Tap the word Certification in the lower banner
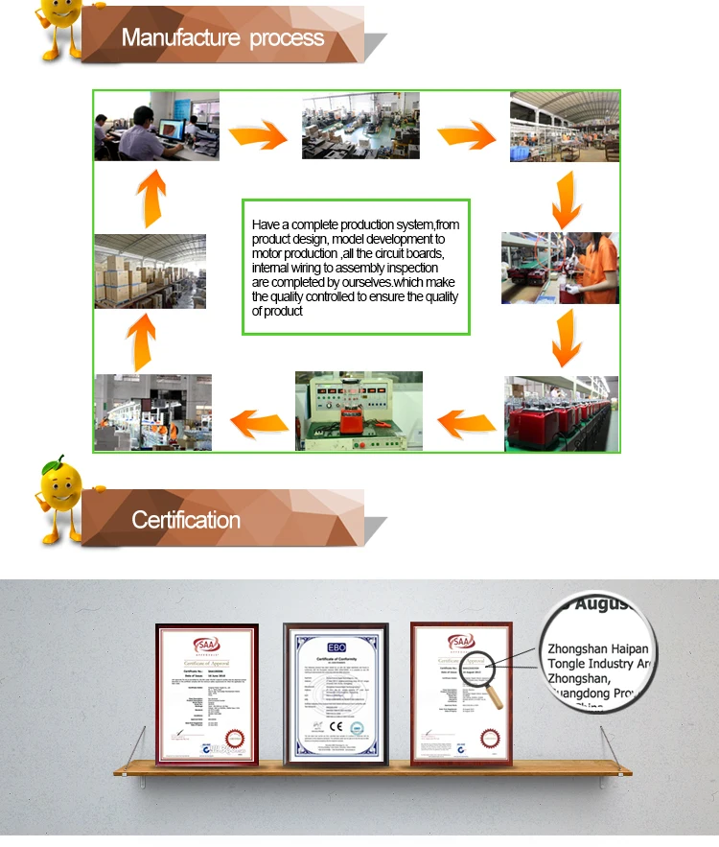(x=186, y=520)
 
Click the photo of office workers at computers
(x=156, y=126)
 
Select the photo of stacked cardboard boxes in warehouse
(x=150, y=271)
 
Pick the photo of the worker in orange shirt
(x=560, y=269)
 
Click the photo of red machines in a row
(x=561, y=413)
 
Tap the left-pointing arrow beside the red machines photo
(x=466, y=420)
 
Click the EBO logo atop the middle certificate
(x=336, y=647)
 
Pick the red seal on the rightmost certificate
(x=491, y=739)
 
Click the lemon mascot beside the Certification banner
(x=59, y=497)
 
